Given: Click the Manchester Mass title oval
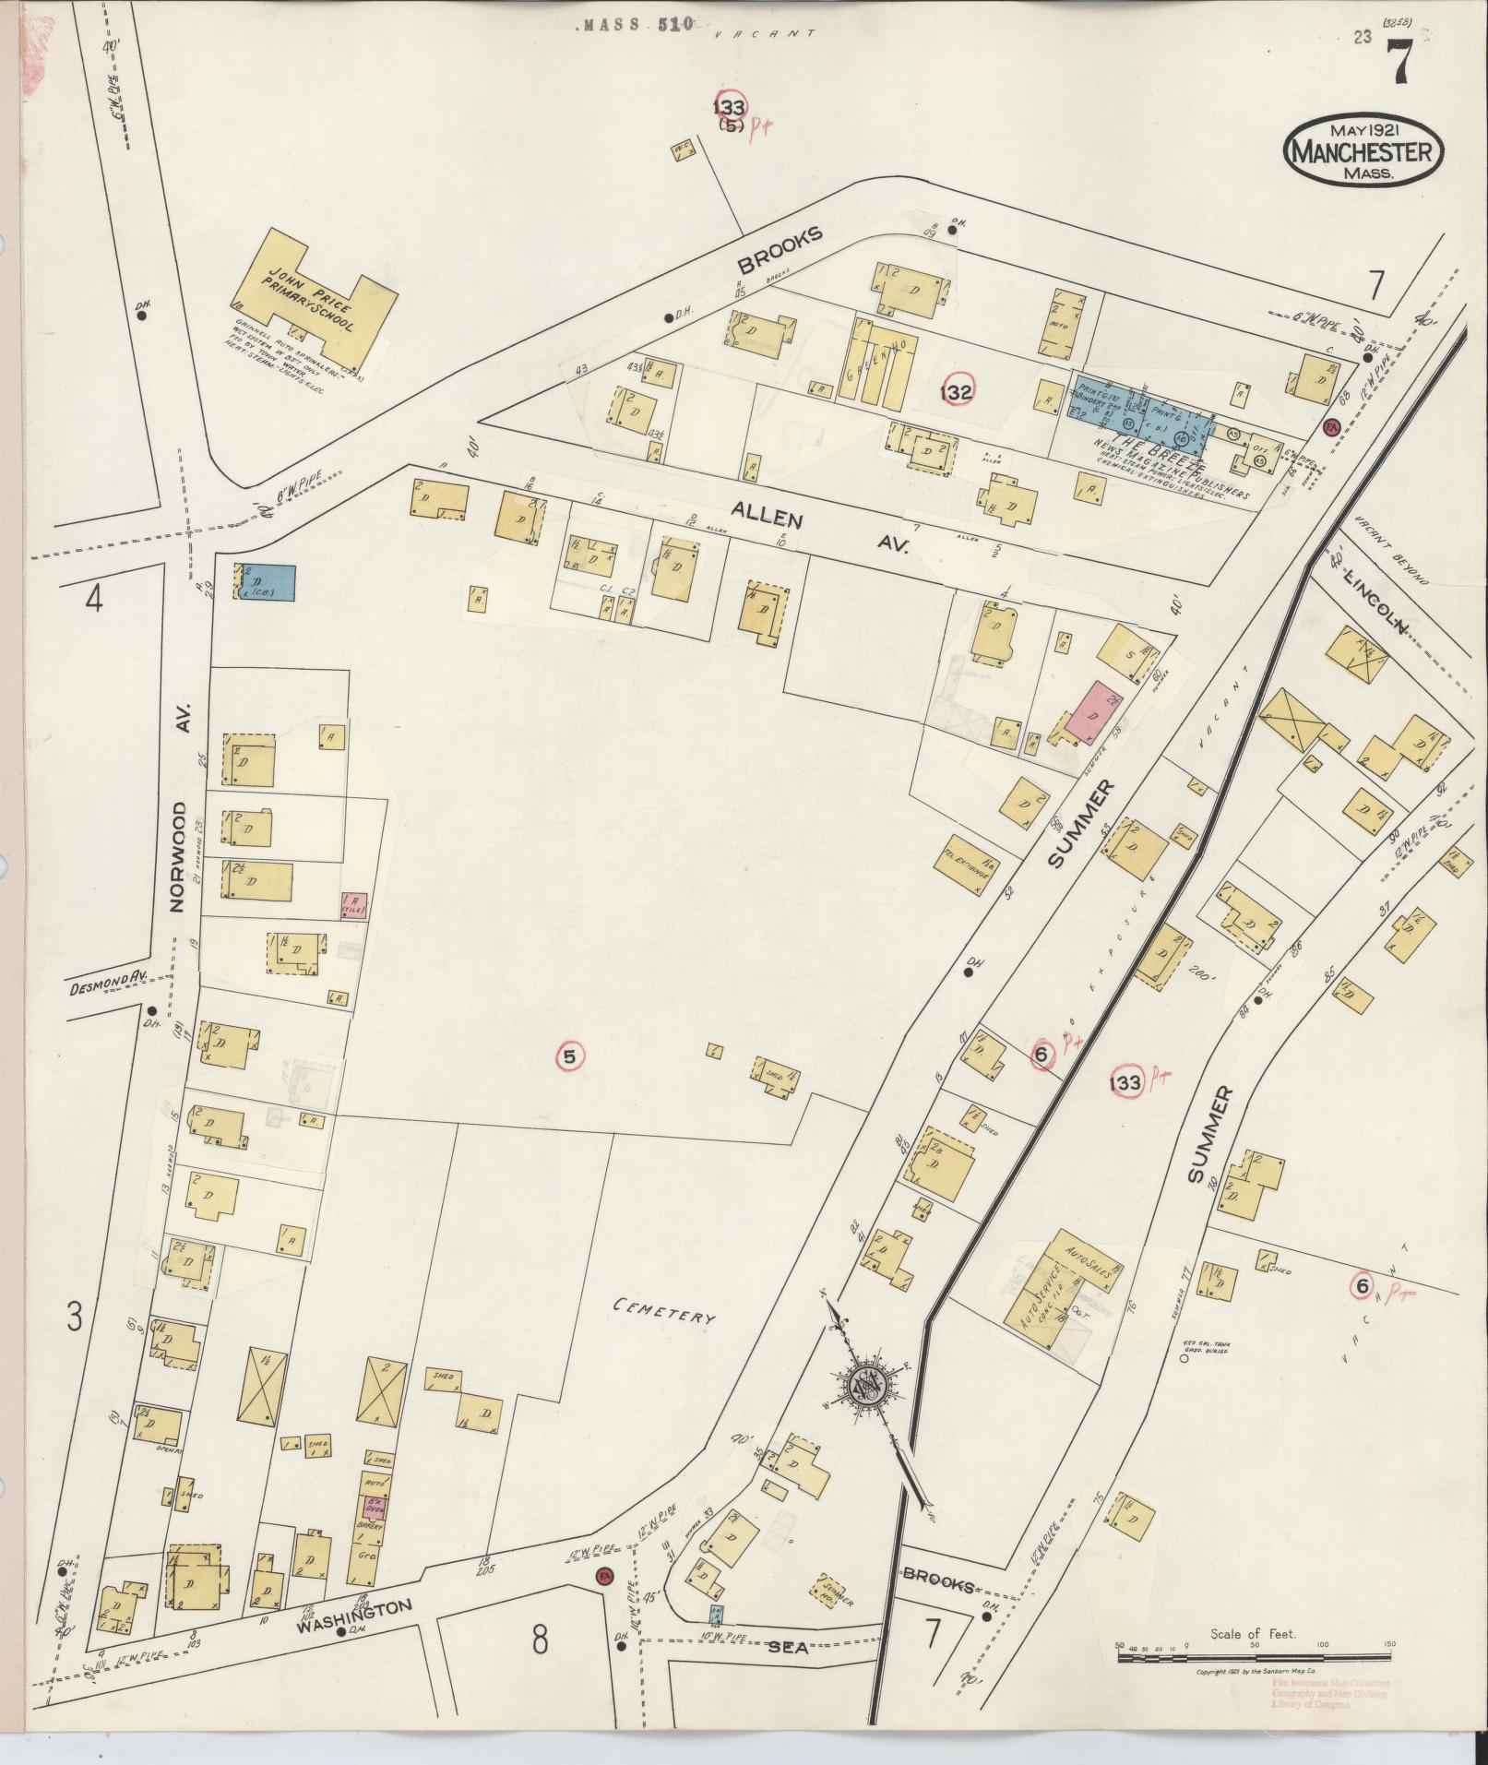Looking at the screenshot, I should tap(1363, 149).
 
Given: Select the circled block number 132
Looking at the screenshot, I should tap(957, 393).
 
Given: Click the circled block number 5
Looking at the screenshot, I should tap(569, 1057).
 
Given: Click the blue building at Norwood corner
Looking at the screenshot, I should tap(268, 583).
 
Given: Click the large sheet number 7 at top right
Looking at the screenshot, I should tap(1399, 66).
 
